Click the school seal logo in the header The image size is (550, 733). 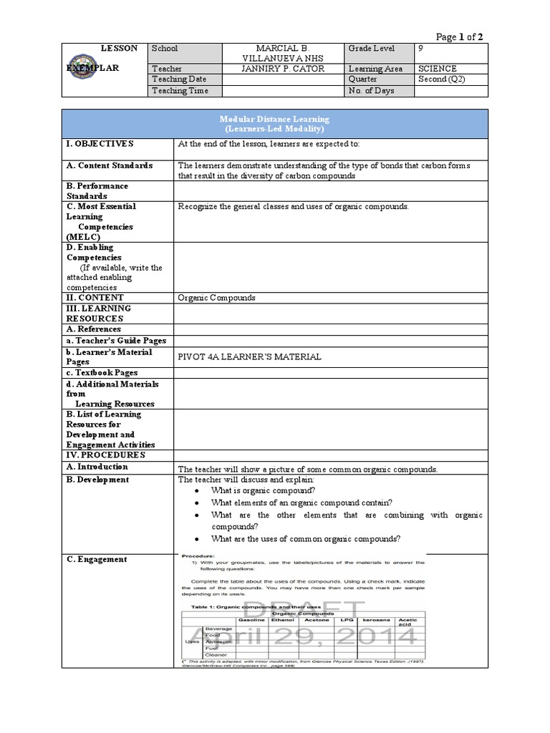[x=90, y=71]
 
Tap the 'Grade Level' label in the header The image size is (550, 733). [x=373, y=48]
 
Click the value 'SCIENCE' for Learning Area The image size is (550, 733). [x=438, y=69]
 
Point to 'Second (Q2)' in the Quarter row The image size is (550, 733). [x=442, y=79]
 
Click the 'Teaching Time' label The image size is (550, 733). [x=180, y=91]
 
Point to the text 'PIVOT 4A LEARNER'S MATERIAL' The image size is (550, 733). [x=249, y=356]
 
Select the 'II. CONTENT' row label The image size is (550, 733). [x=95, y=297]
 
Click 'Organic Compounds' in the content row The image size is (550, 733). [x=216, y=297]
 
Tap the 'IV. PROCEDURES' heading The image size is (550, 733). [x=106, y=455]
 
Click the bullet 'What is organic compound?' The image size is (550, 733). [x=263, y=490]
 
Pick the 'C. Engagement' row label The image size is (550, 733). [x=97, y=559]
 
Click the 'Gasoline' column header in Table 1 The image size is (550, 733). [x=251, y=620]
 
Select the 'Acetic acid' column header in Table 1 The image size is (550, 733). [x=407, y=623]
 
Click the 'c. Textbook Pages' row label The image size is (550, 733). [x=102, y=373]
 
